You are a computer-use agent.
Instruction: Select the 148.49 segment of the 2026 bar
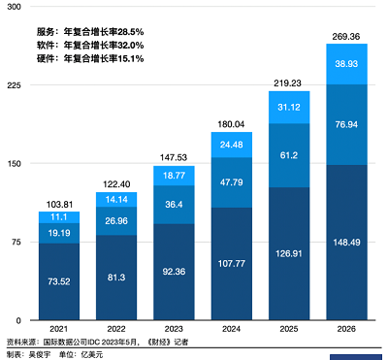pyautogui.click(x=346, y=243)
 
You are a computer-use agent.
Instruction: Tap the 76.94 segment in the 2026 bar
pyautogui.click(x=346, y=124)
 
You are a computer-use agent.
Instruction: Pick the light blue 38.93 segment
pyautogui.click(x=346, y=63)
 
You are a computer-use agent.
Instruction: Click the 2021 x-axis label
pyautogui.click(x=60, y=330)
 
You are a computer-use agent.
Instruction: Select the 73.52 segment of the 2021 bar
pyautogui.click(x=60, y=282)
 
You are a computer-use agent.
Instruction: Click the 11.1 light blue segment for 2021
pyautogui.click(x=60, y=217)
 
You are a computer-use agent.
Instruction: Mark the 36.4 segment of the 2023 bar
pyautogui.click(x=175, y=205)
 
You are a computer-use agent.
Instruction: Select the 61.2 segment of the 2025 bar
pyautogui.click(x=289, y=155)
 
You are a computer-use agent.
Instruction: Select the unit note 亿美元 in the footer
pyautogui.click(x=93, y=354)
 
